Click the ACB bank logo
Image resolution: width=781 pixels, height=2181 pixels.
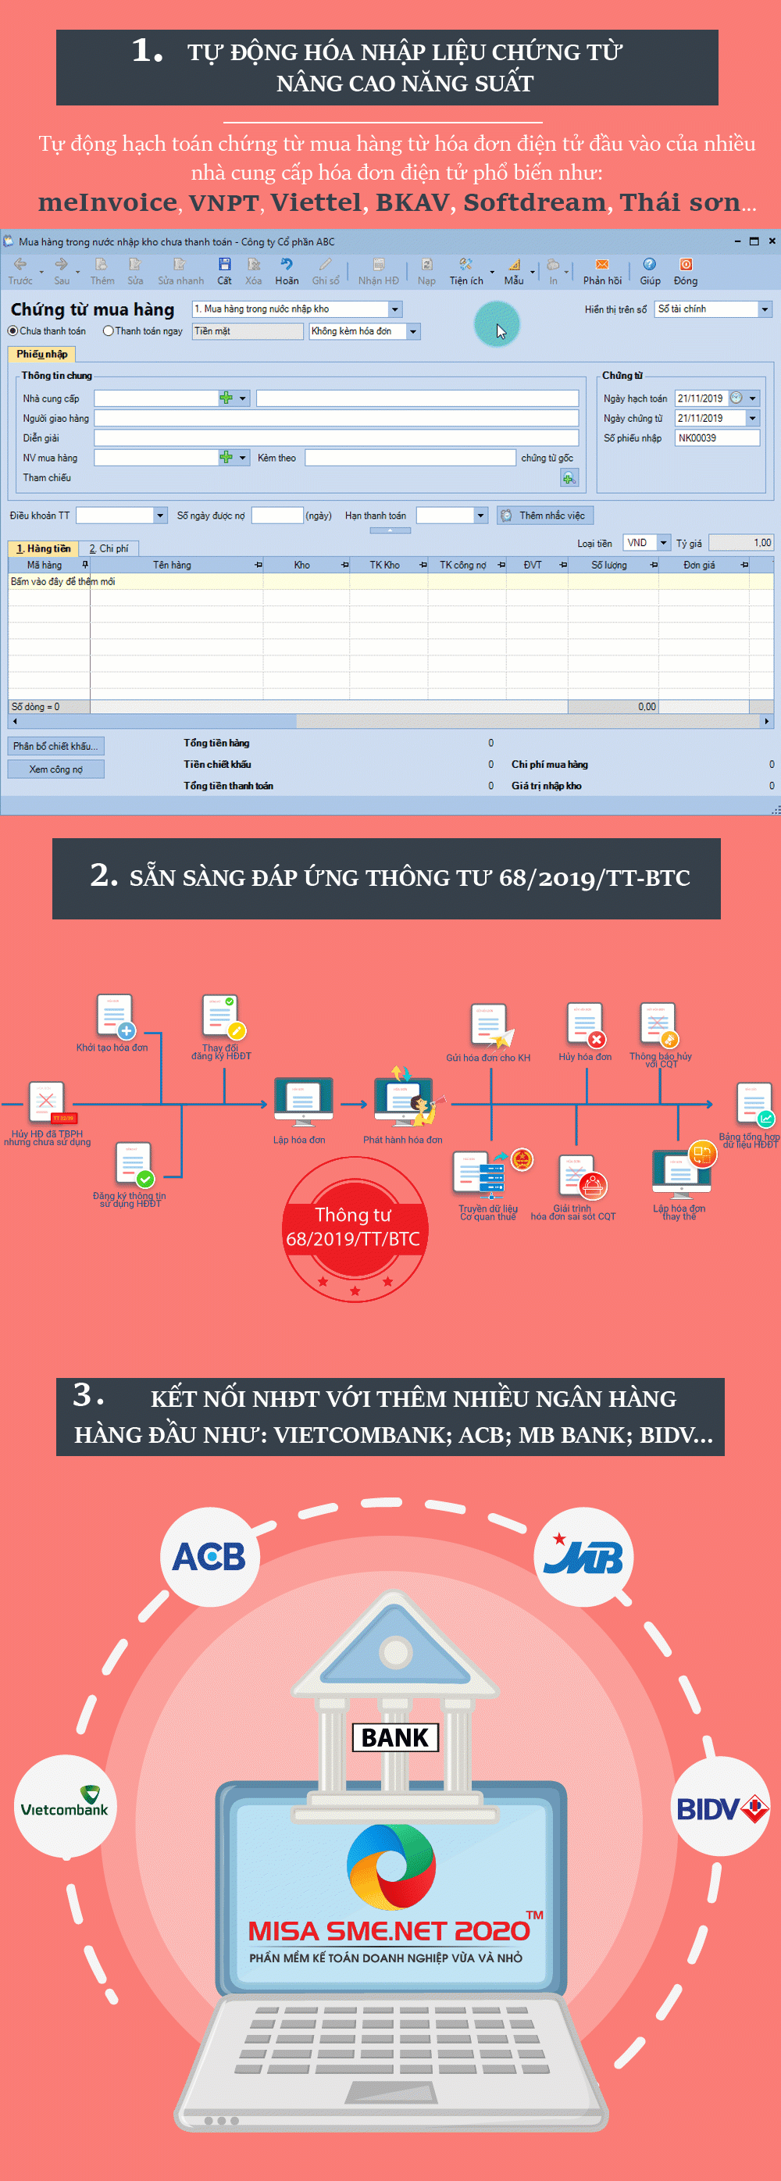pyautogui.click(x=209, y=1556)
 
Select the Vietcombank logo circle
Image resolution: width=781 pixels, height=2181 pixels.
pyautogui.click(x=64, y=1807)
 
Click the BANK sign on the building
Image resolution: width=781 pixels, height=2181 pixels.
pyautogui.click(x=395, y=1737)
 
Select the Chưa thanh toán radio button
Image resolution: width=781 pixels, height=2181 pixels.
pyautogui.click(x=12, y=331)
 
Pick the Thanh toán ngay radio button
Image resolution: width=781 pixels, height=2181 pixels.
pyautogui.click(x=109, y=331)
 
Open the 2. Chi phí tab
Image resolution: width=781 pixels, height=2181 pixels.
pyautogui.click(x=109, y=548)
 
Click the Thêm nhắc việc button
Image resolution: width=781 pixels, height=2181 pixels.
pyautogui.click(x=545, y=516)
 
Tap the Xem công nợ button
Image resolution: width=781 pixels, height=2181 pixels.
pyautogui.click(x=56, y=769)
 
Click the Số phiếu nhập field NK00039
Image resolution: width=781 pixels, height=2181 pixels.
pyautogui.click(x=717, y=437)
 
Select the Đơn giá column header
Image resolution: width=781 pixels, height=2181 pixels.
pyautogui.click(x=699, y=565)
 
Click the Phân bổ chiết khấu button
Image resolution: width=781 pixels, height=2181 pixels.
pyautogui.click(x=56, y=746)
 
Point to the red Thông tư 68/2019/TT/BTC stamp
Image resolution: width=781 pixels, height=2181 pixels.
pyautogui.click(x=354, y=1228)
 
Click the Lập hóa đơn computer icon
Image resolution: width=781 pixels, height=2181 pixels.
pyautogui.click(x=302, y=1100)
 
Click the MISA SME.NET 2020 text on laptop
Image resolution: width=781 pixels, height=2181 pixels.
pyautogui.click(x=389, y=1929)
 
